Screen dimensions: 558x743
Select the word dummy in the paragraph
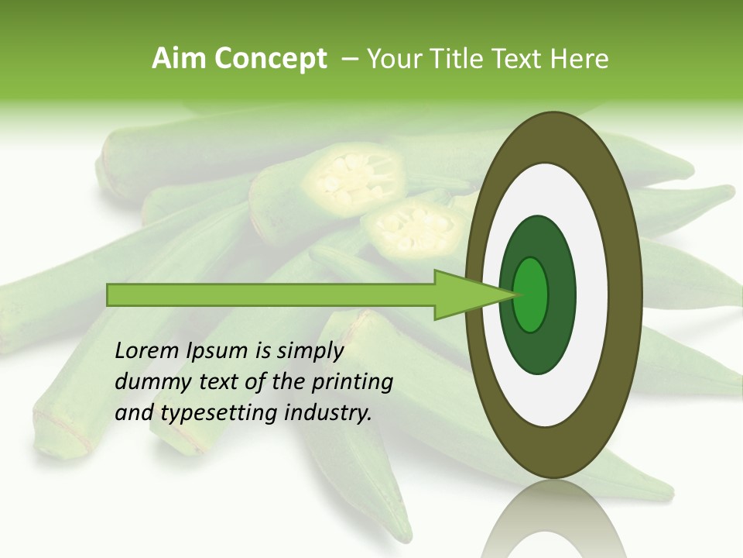[147, 382]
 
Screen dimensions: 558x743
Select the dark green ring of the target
[559, 295]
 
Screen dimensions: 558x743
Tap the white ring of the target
[591, 295]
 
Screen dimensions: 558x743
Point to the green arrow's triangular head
[464, 295]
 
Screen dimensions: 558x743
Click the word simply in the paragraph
[310, 352]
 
